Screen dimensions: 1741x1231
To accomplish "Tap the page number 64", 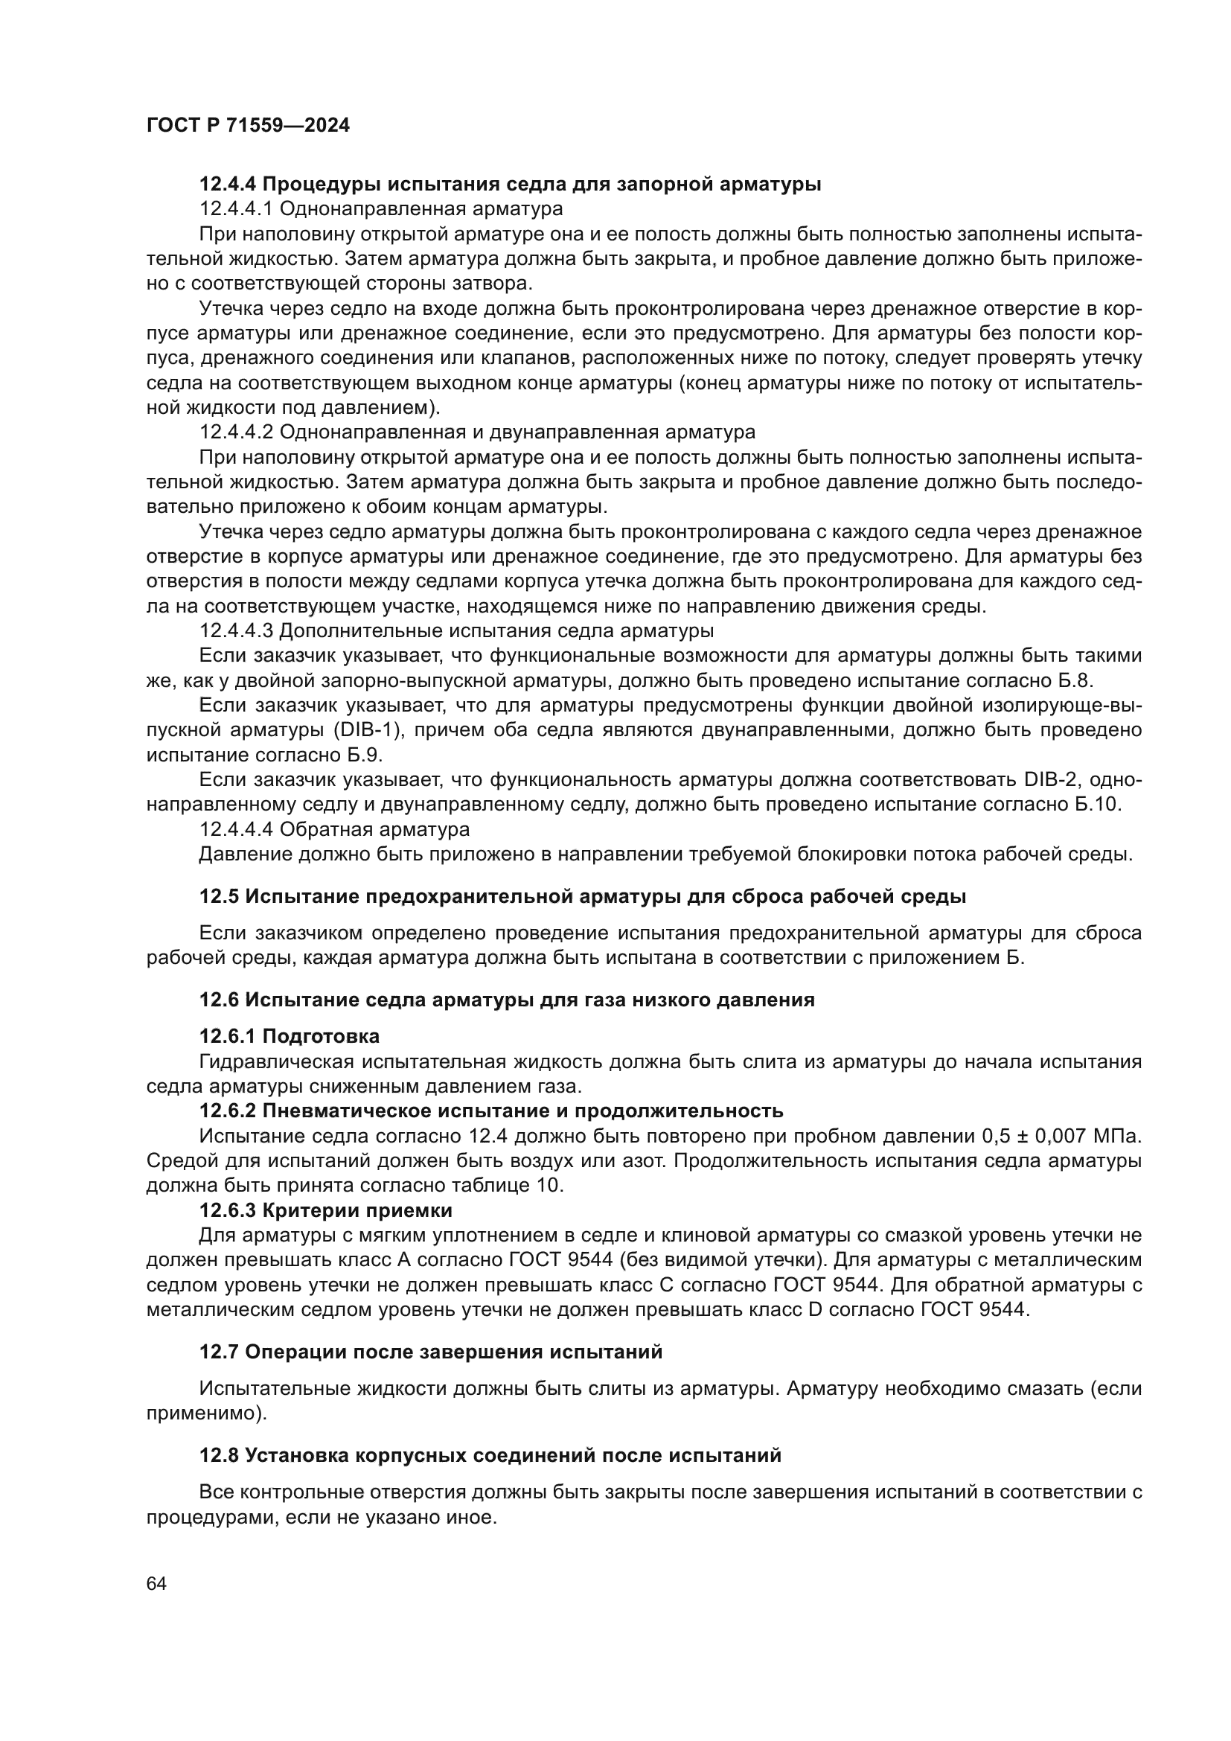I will point(157,1584).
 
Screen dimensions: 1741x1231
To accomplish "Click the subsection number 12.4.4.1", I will point(236,208).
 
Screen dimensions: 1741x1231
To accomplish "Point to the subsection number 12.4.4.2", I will point(236,432).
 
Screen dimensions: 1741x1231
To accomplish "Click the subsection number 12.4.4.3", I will point(236,631).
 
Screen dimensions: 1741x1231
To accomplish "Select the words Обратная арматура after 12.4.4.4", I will point(374,829).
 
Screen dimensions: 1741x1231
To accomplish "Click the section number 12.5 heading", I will point(218,897).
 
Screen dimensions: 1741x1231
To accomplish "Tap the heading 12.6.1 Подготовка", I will point(289,1036).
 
